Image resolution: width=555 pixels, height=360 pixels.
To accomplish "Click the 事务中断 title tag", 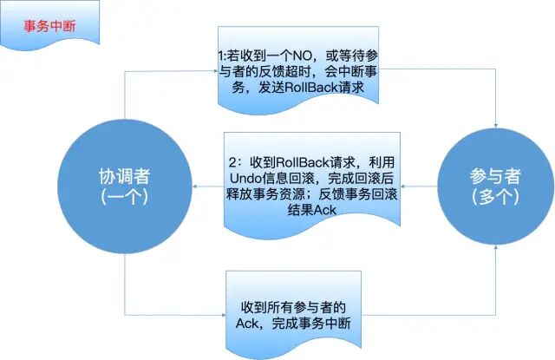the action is coord(49,25).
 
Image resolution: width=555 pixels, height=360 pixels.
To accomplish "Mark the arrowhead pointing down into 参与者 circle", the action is coord(495,123).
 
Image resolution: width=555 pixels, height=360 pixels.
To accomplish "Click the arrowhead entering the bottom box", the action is coord(222,314).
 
